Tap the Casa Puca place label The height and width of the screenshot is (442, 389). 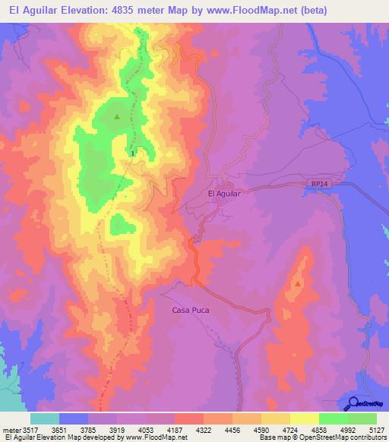pos(190,310)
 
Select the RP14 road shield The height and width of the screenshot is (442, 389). pos(319,185)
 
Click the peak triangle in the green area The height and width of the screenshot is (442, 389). pos(117,117)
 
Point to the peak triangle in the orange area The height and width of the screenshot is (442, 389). pos(298,284)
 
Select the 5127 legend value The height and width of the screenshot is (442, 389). pos(376,429)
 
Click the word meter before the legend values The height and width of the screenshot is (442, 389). pos(11,429)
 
